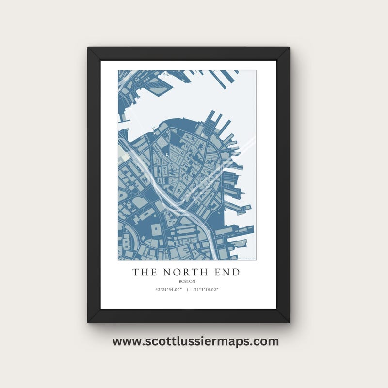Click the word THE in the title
tap(144, 273)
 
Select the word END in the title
tap(226, 273)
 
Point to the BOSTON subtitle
tap(186, 281)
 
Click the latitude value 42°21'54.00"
tap(168, 290)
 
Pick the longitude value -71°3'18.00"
tap(206, 290)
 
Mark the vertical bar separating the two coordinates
tap(187, 290)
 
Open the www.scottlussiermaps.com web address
tap(195, 341)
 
